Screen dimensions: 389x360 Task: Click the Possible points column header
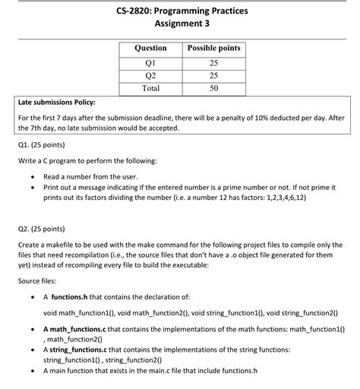[x=213, y=49]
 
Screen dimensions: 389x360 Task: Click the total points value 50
[x=213, y=88]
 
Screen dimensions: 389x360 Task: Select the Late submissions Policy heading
[x=57, y=101]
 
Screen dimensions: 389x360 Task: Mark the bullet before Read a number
[x=32, y=176]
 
